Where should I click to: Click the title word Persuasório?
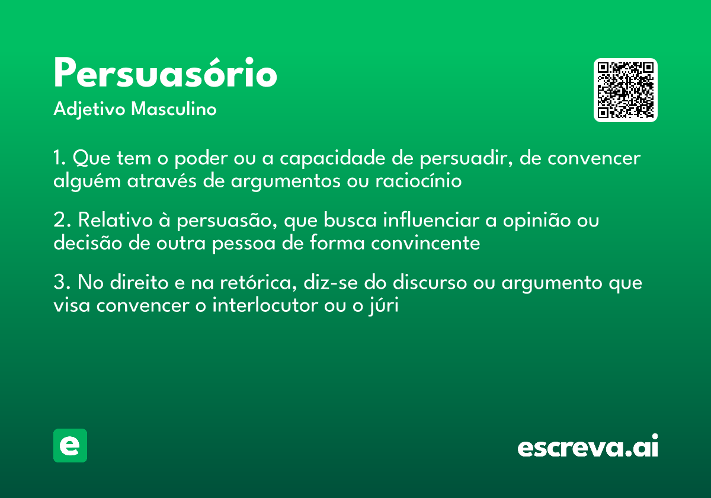[x=165, y=74]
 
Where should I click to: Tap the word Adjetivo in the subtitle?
[x=89, y=110]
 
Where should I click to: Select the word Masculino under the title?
[x=174, y=110]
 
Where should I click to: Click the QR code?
[x=626, y=90]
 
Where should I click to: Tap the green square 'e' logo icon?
[x=70, y=445]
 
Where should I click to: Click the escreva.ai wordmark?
[x=588, y=447]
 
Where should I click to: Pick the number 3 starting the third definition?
[x=59, y=283]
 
